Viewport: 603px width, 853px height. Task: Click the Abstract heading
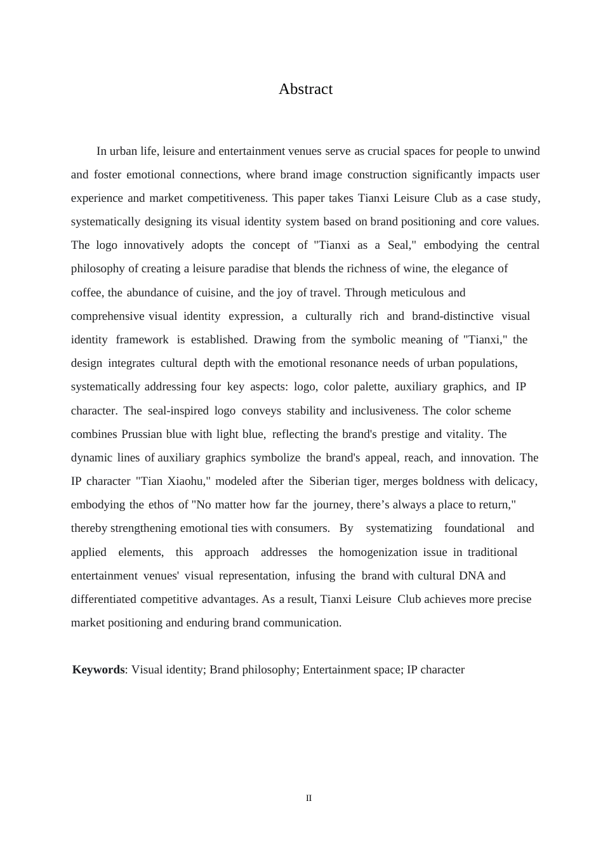coord(305,89)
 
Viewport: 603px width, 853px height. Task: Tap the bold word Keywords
coord(98,670)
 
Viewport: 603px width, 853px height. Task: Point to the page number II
coord(308,798)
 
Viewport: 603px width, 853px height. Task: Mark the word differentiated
coord(103,599)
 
